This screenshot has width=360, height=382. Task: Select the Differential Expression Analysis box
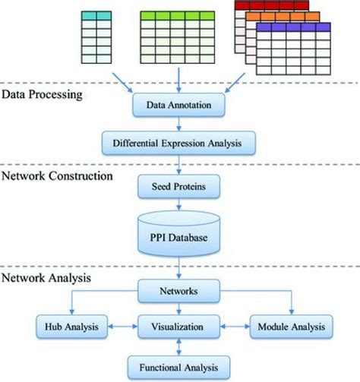click(x=178, y=141)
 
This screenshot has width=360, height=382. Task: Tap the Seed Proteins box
click(x=178, y=185)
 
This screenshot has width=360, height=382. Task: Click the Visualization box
click(x=178, y=327)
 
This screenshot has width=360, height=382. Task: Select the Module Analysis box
click(x=291, y=327)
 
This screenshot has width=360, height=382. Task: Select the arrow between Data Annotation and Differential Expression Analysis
click(x=178, y=124)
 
